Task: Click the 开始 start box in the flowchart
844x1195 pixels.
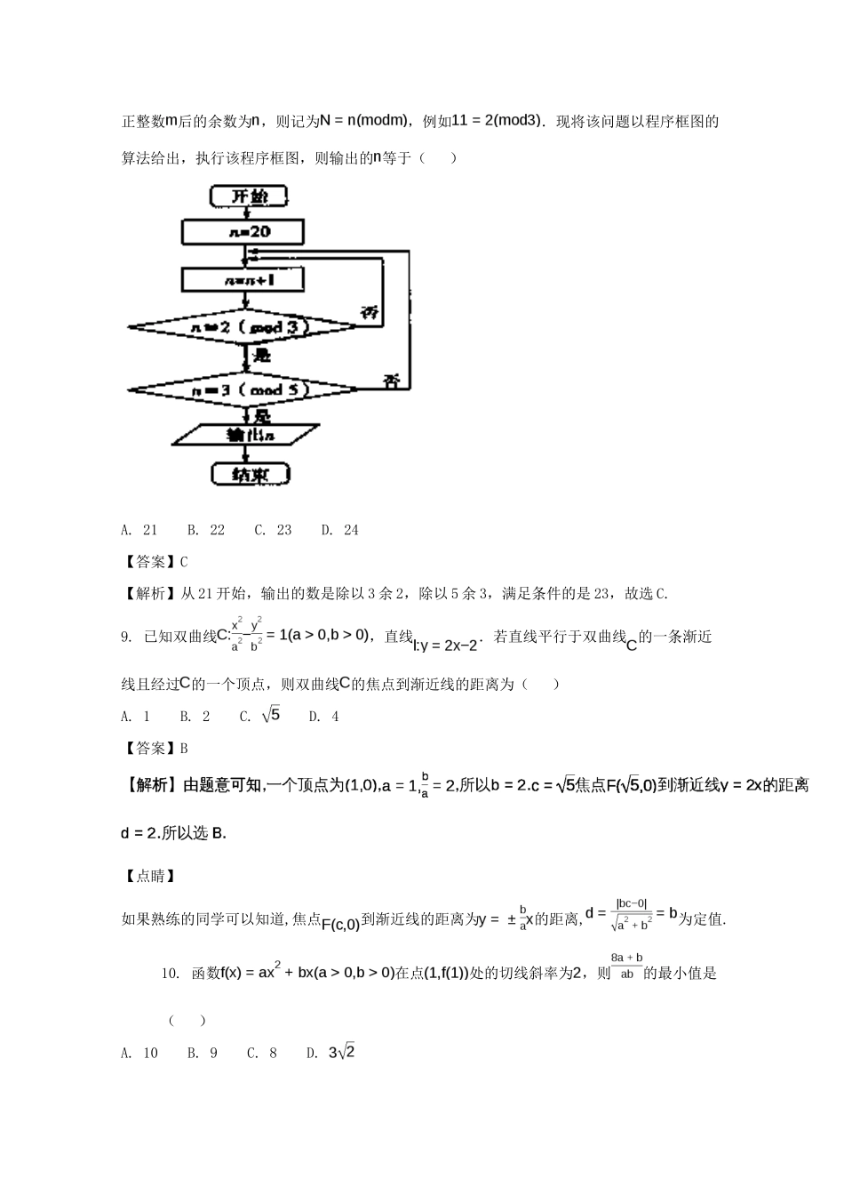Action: pos(251,196)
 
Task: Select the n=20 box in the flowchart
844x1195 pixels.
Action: pos(243,232)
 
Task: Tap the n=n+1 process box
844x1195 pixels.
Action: pos(243,280)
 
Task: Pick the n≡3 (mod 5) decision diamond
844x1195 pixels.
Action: pos(243,389)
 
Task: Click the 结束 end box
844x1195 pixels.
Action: pos(251,475)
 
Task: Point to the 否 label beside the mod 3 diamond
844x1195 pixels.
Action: pos(370,313)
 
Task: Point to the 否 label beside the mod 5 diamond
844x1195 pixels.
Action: pos(391,381)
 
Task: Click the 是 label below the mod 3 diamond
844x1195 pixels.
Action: pos(262,356)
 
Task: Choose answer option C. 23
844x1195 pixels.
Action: pos(274,530)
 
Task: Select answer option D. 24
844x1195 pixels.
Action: pos(340,530)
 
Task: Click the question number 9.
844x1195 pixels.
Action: pos(125,638)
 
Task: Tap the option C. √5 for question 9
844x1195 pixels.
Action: pos(259,716)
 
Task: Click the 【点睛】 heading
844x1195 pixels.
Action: pos(147,876)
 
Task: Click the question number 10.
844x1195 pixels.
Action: pos(171,974)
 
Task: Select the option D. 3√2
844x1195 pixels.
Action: pos(331,1053)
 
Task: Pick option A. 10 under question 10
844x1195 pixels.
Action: pos(139,1053)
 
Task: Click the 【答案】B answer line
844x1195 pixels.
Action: pos(155,749)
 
